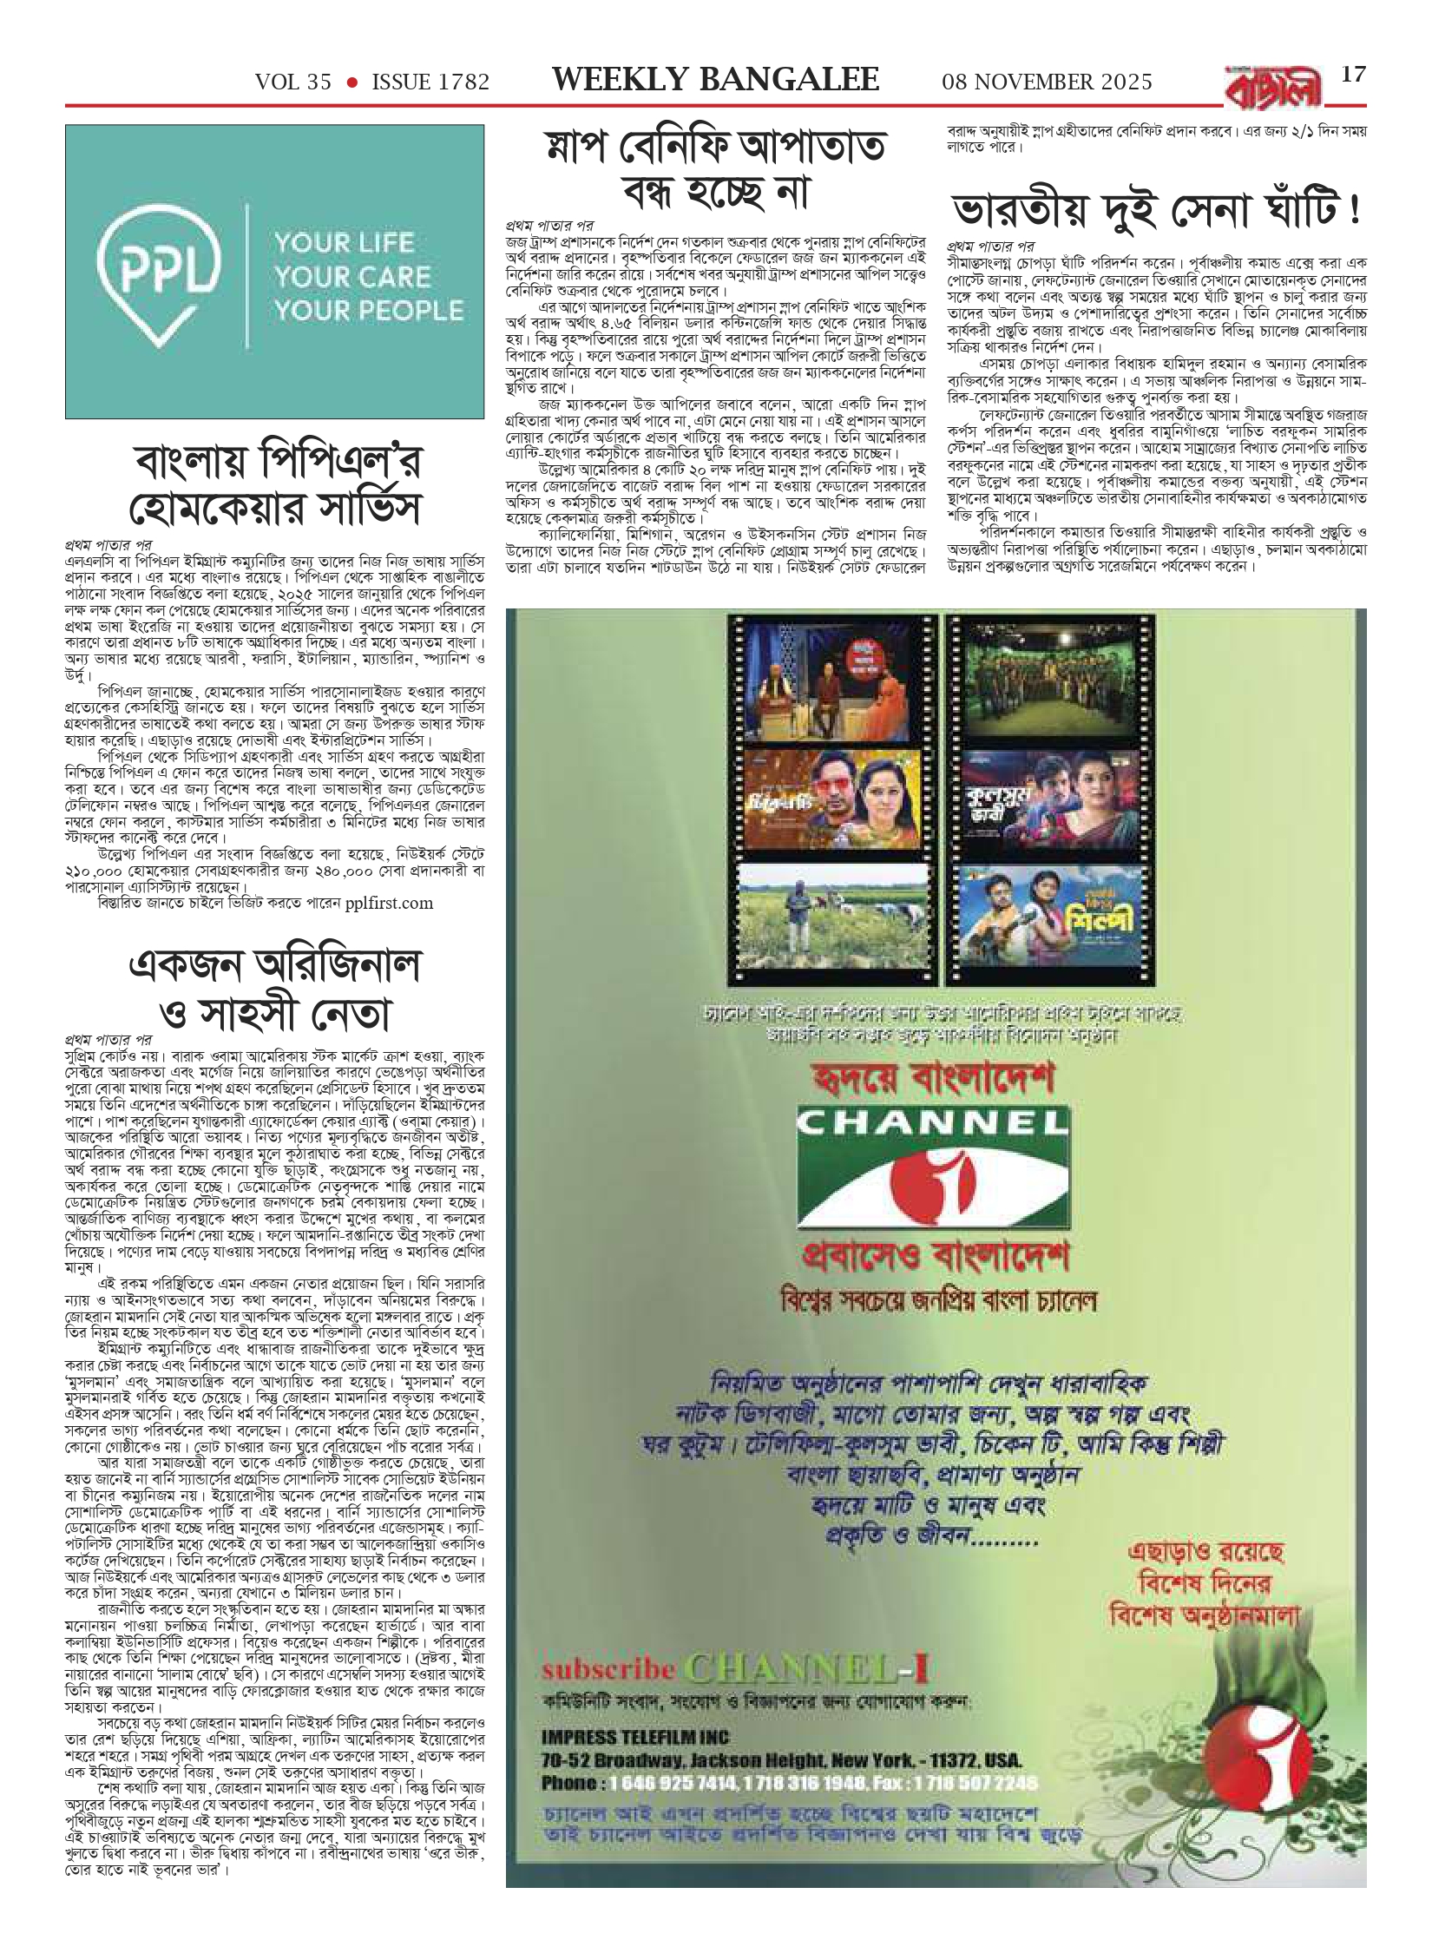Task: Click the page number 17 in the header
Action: click(1353, 74)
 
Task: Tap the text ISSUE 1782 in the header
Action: click(430, 82)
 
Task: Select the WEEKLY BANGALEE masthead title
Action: click(716, 80)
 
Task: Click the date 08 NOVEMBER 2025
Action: click(1048, 82)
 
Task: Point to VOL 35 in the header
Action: click(293, 82)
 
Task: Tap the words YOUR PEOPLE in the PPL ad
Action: click(369, 311)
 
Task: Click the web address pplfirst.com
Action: click(389, 904)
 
